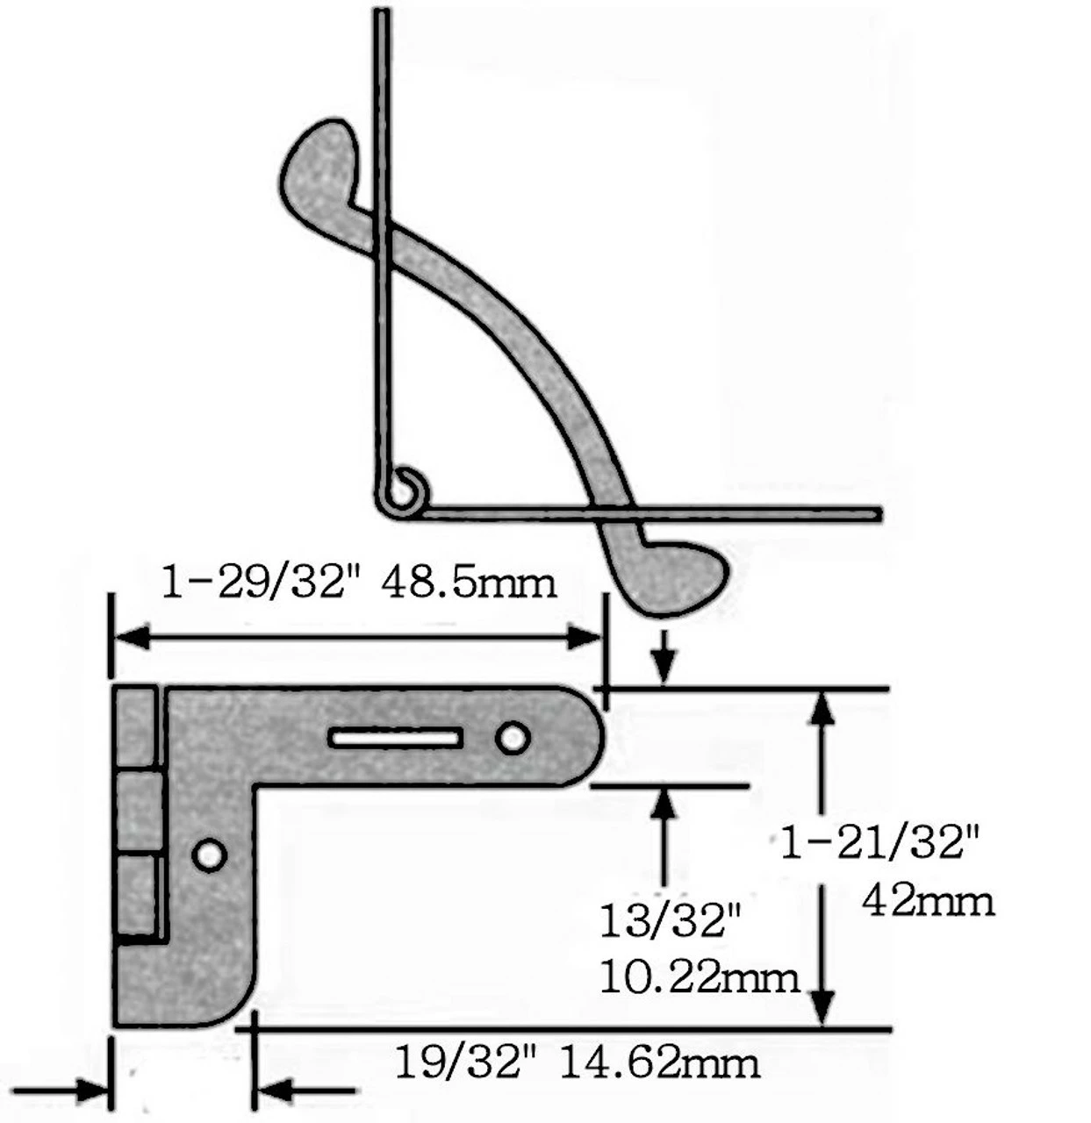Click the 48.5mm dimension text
click(470, 583)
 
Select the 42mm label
click(929, 900)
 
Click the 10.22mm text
click(700, 976)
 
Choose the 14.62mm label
click(659, 1063)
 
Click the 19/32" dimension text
click(465, 1063)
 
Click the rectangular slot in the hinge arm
click(396, 738)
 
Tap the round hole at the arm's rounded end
click(513, 738)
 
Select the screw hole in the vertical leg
click(210, 855)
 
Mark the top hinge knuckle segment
click(135, 727)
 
